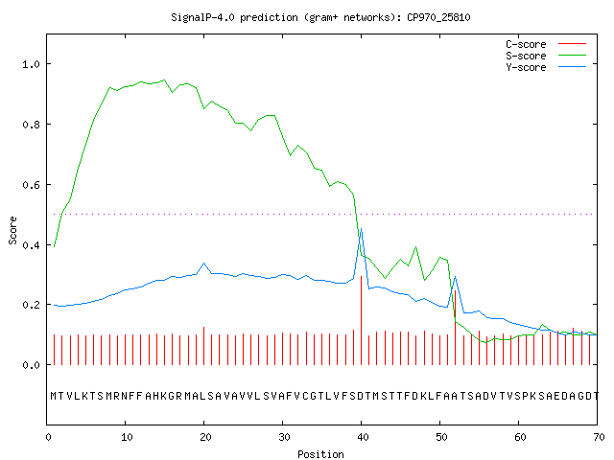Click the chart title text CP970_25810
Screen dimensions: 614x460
tap(438, 17)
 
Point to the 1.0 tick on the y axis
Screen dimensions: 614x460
tap(32, 64)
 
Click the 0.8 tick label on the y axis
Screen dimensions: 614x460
tap(32, 125)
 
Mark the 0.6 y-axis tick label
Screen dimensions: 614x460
tap(32, 185)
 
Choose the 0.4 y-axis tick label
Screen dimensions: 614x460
tap(32, 245)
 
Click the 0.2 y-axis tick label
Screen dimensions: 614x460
tap(32, 305)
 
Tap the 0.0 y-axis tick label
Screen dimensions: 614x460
tap(32, 365)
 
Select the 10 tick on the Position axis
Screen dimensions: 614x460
tap(127, 437)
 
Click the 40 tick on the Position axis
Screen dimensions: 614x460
tap(363, 437)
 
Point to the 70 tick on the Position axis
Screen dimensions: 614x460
tap(599, 437)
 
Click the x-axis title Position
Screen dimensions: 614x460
tap(320, 454)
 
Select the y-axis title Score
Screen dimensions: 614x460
tap(12, 230)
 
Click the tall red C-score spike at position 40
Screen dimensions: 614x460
tap(361, 320)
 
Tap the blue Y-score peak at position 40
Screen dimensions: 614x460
tap(361, 229)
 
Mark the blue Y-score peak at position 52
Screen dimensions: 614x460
tap(455, 277)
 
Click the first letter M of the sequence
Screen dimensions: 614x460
tap(54, 396)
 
